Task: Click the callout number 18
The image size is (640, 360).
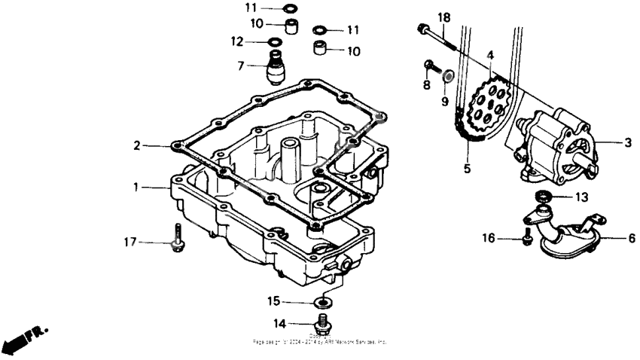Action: [x=443, y=17]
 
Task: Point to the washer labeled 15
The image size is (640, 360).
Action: [x=323, y=302]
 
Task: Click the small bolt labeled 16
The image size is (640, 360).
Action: [x=527, y=239]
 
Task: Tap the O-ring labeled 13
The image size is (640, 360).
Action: [x=541, y=197]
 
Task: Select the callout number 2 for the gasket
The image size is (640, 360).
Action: [x=136, y=145]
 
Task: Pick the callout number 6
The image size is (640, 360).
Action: [x=631, y=238]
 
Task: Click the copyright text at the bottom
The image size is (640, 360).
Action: [x=320, y=340]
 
